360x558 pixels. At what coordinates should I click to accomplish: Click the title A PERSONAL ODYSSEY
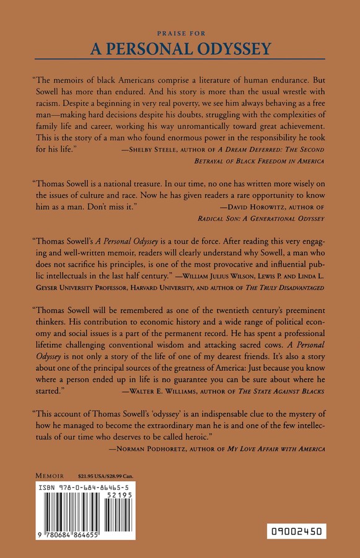(180, 49)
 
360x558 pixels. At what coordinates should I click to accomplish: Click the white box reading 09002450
(297, 531)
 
